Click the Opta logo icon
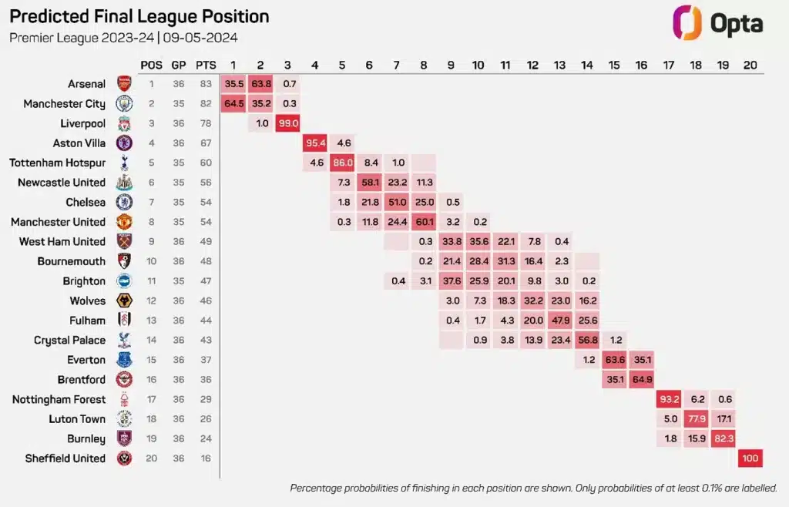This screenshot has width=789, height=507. coord(687,22)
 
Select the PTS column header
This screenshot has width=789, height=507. coord(206,65)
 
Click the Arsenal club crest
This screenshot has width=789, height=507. coord(124,83)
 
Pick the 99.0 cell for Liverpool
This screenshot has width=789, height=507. coord(288,123)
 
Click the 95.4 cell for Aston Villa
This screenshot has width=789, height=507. coord(315,143)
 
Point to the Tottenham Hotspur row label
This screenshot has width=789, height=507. coord(57,163)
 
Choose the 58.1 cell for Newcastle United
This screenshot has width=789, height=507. coord(370,182)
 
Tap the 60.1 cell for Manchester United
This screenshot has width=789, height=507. coord(425,222)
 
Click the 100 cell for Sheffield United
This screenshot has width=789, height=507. coord(750,458)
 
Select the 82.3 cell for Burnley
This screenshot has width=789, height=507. coord(723,438)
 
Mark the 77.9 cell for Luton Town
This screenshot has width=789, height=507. coord(696,419)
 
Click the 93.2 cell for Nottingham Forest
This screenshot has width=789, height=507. coord(669,399)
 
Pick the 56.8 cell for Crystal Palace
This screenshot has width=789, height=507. coord(587,340)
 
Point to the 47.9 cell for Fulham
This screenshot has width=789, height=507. coord(560,321)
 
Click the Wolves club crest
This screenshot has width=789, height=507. coord(124,301)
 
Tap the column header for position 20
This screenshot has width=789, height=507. coord(750,65)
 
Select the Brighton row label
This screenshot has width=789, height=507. coord(84,281)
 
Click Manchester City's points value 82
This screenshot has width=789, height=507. coord(206,103)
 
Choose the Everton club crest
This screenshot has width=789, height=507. coord(124,360)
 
